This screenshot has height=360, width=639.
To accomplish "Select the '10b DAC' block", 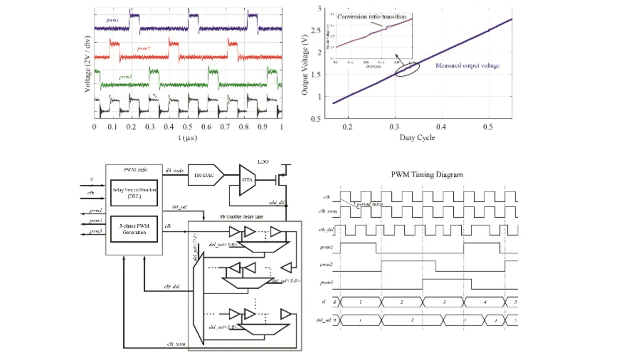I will coord(205,175).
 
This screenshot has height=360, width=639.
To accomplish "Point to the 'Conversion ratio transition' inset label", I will coord(371,17).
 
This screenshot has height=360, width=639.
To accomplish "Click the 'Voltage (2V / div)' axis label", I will coord(88,63).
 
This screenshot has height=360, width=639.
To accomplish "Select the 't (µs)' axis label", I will coord(187,138).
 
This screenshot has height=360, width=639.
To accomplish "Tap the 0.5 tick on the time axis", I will coord(188,127).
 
